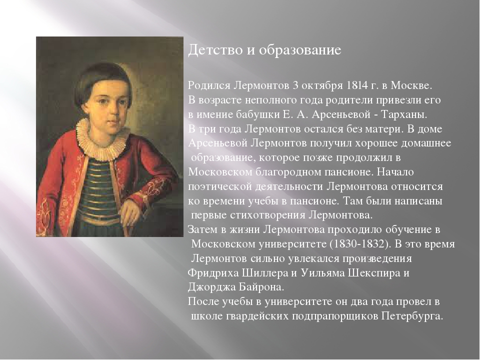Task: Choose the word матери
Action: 383,129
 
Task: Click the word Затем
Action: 202,229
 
